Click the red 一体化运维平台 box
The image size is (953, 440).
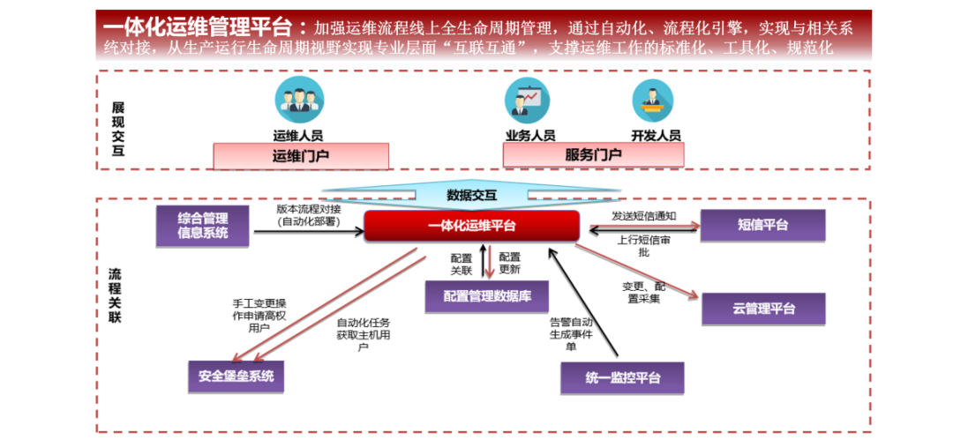(471, 226)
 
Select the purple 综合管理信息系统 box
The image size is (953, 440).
(203, 226)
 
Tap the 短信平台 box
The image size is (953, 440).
(762, 226)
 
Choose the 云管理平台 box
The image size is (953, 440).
(763, 309)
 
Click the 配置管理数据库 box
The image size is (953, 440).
(486, 296)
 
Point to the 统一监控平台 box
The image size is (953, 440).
(622, 378)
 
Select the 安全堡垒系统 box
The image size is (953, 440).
(236, 377)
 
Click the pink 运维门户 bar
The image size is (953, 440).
(301, 156)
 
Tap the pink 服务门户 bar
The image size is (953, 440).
(592, 156)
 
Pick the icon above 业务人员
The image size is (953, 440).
(527, 100)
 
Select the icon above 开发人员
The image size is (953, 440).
(654, 100)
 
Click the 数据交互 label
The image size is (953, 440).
(471, 195)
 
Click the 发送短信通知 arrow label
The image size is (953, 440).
(643, 215)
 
